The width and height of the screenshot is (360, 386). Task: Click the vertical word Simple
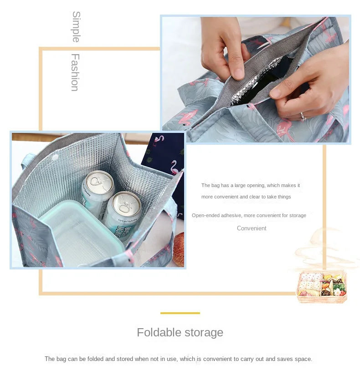point(76,27)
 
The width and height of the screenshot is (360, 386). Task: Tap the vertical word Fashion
point(75,72)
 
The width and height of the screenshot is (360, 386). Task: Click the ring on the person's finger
point(303,117)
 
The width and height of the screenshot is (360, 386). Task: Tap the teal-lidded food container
point(82,232)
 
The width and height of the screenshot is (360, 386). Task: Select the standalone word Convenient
point(252,229)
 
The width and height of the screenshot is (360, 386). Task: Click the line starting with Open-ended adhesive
point(249,215)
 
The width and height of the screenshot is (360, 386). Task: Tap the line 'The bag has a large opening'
point(251,185)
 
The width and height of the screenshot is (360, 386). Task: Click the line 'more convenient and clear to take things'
point(246,197)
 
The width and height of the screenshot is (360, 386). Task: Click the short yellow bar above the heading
point(180,313)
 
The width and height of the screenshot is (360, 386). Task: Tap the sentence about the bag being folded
point(178,359)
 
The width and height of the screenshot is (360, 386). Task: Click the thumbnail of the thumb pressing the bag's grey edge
point(255,80)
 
